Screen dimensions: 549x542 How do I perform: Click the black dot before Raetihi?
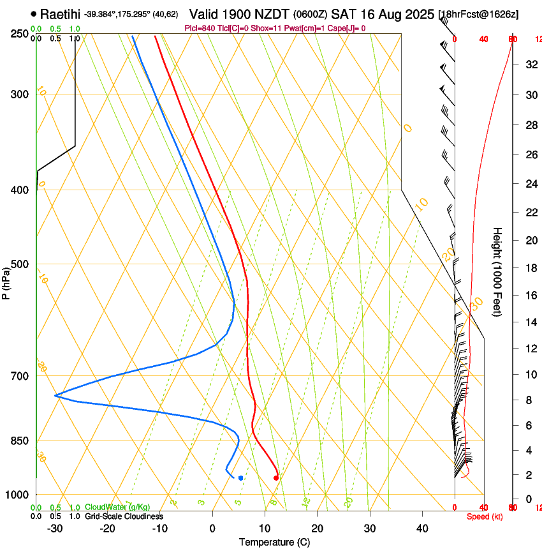(33, 13)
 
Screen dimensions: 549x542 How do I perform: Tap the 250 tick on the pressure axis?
(19, 34)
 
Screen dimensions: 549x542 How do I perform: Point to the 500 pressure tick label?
(19, 264)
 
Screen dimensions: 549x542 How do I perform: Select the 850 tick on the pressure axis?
(19, 441)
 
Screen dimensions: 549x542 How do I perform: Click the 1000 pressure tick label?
(17, 495)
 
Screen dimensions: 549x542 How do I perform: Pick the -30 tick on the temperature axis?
(55, 528)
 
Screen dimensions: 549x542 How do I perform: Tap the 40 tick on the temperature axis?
(421, 528)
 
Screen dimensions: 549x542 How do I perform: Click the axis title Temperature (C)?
(274, 542)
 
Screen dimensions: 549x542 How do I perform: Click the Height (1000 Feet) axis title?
(497, 271)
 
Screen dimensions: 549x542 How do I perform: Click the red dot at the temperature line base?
(276, 478)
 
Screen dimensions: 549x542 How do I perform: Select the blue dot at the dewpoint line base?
(240, 478)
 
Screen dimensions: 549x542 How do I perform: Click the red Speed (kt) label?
(484, 516)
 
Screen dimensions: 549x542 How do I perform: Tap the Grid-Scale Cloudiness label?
(124, 516)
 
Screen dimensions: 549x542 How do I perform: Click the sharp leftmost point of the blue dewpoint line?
(55, 396)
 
